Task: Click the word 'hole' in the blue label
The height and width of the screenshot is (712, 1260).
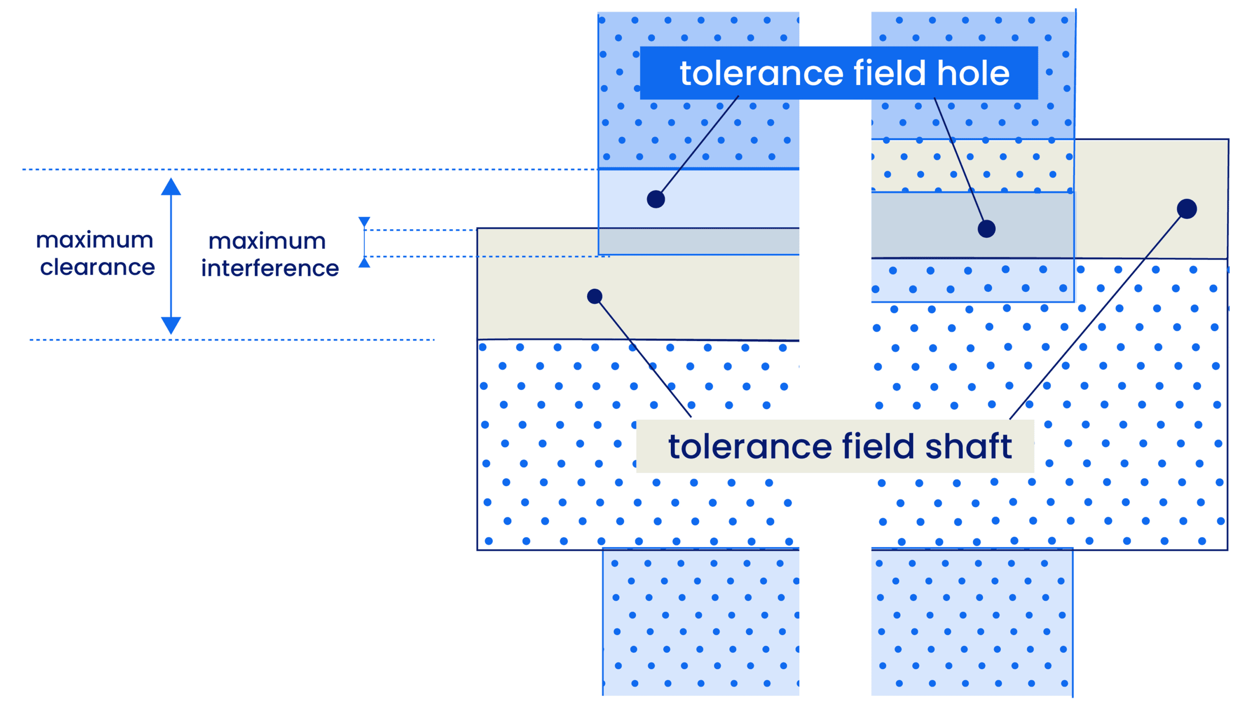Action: point(973,73)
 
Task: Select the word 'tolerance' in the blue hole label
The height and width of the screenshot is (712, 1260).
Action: point(761,74)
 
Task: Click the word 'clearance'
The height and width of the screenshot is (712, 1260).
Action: point(97,267)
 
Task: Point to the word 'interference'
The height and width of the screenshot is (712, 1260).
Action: point(270,268)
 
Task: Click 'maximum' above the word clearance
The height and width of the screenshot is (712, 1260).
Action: point(94,240)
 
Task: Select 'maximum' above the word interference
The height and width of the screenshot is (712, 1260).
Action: point(267,241)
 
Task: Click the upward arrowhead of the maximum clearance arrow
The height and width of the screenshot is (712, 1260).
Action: point(171,187)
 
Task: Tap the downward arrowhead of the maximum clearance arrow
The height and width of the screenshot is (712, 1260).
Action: point(171,325)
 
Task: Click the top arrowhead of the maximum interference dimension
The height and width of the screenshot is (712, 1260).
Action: point(364,222)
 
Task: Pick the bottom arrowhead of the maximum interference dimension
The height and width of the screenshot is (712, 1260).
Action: point(364,263)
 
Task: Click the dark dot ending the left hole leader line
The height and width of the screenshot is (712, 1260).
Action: point(656,199)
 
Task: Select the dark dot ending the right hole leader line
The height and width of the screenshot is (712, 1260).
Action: point(986,229)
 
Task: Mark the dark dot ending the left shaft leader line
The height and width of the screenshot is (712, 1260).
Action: point(595,296)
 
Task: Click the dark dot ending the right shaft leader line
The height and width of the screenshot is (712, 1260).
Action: point(1187,209)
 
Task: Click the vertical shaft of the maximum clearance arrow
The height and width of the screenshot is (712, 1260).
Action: point(171,256)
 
